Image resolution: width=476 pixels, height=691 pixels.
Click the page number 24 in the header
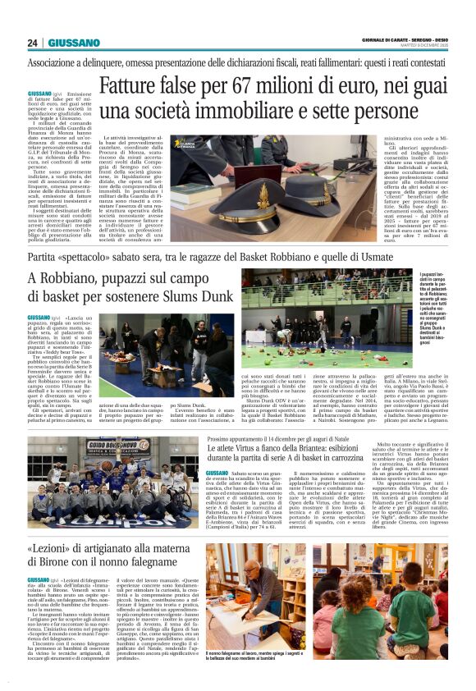point(33,43)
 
